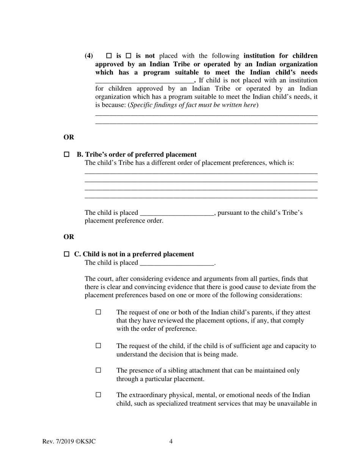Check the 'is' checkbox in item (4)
pyautogui.click(x=109, y=56)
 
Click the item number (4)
pyautogui.click(x=89, y=56)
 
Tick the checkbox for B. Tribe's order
pyautogui.click(x=67, y=155)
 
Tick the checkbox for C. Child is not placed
pyautogui.click(x=67, y=254)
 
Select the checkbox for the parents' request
pyautogui.click(x=99, y=312)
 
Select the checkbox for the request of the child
pyautogui.click(x=99, y=346)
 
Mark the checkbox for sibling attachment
pyautogui.click(x=99, y=371)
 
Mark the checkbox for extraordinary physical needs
pyautogui.click(x=99, y=395)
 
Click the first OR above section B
pyautogui.click(x=69, y=137)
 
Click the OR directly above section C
pyautogui.click(x=69, y=237)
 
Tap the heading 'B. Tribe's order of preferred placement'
pyautogui.click(x=137, y=155)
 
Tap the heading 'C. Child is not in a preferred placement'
pyautogui.click(x=134, y=254)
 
